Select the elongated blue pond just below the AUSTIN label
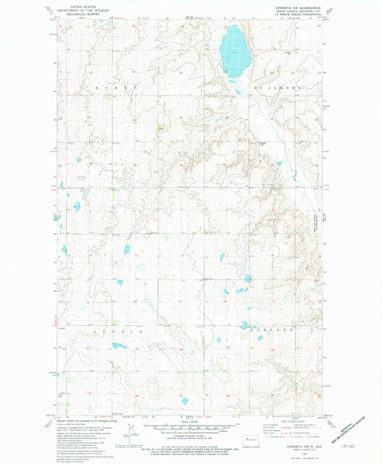118,346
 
